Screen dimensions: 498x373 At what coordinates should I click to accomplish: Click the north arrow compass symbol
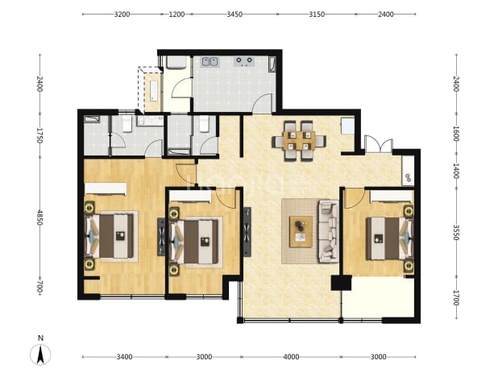(x=40, y=354)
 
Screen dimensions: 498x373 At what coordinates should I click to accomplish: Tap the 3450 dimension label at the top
(x=234, y=15)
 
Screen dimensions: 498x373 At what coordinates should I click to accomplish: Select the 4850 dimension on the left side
(x=39, y=218)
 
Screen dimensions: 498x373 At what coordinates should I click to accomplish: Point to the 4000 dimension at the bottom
(x=291, y=357)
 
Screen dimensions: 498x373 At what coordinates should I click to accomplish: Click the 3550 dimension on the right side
(x=456, y=232)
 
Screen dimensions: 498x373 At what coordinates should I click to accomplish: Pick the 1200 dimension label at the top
(x=176, y=15)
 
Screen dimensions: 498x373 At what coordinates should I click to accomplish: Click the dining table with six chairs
(x=299, y=141)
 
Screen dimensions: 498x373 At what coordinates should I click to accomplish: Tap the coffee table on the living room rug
(x=301, y=232)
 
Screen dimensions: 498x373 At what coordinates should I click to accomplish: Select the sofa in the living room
(x=329, y=231)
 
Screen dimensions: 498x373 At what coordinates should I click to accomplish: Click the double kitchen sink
(x=210, y=61)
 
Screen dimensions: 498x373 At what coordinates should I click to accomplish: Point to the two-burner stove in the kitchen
(x=244, y=61)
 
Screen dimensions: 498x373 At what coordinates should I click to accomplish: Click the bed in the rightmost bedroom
(x=390, y=238)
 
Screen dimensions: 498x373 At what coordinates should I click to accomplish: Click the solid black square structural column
(x=341, y=283)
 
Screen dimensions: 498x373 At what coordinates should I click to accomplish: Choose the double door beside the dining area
(x=379, y=144)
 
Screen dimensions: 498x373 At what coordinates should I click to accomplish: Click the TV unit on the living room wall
(x=247, y=232)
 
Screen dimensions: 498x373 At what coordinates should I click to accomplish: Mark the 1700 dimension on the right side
(x=456, y=298)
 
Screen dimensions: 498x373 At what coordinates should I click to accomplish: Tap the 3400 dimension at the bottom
(x=124, y=357)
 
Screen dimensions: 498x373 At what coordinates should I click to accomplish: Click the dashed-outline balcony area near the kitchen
(x=150, y=89)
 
